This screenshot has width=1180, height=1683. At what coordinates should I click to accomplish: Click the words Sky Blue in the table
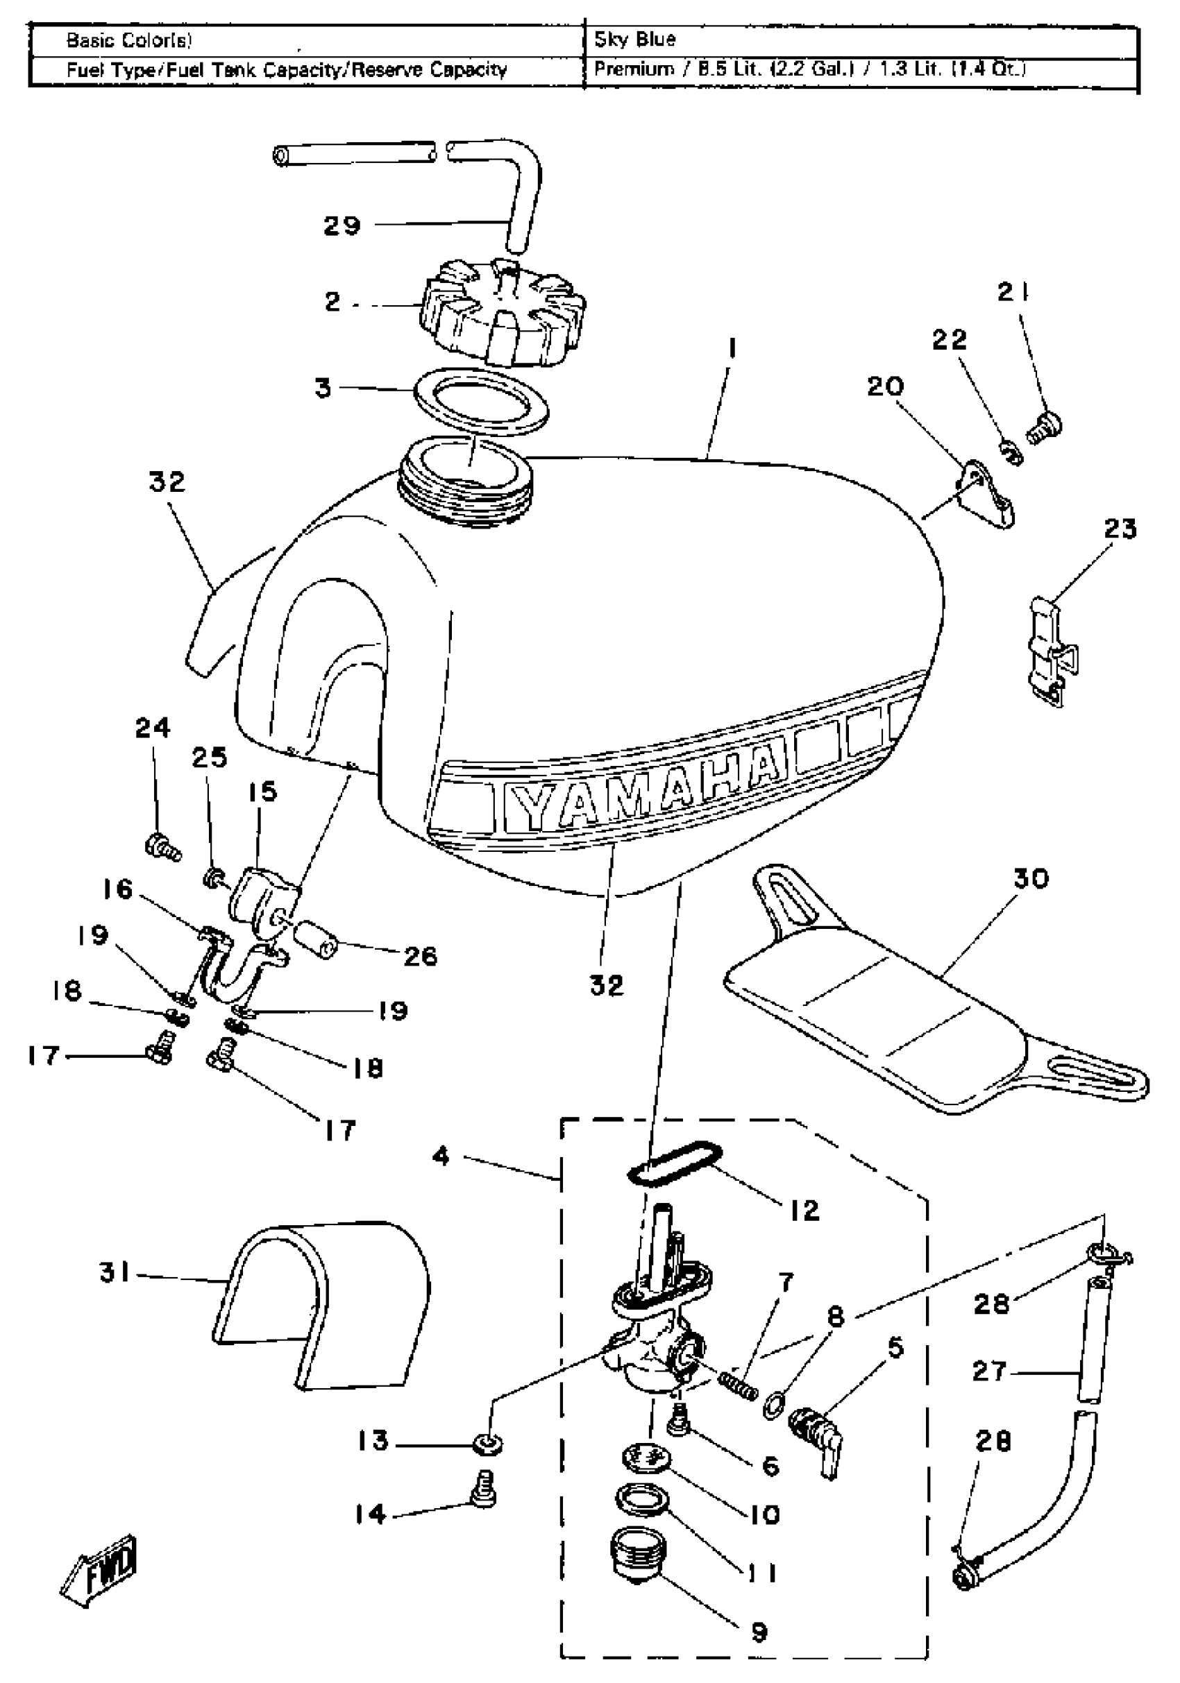tap(635, 40)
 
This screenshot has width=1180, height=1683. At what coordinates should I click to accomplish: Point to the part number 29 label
tap(342, 225)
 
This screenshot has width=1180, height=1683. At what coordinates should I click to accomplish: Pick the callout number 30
tap(1030, 878)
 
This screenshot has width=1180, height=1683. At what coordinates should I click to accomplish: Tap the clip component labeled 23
tap(1049, 652)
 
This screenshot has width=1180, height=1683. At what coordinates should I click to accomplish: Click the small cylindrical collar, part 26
tap(317, 939)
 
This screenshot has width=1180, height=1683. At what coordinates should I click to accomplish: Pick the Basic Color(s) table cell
tap(129, 40)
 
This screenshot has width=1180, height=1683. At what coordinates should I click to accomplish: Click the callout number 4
tap(440, 1157)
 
